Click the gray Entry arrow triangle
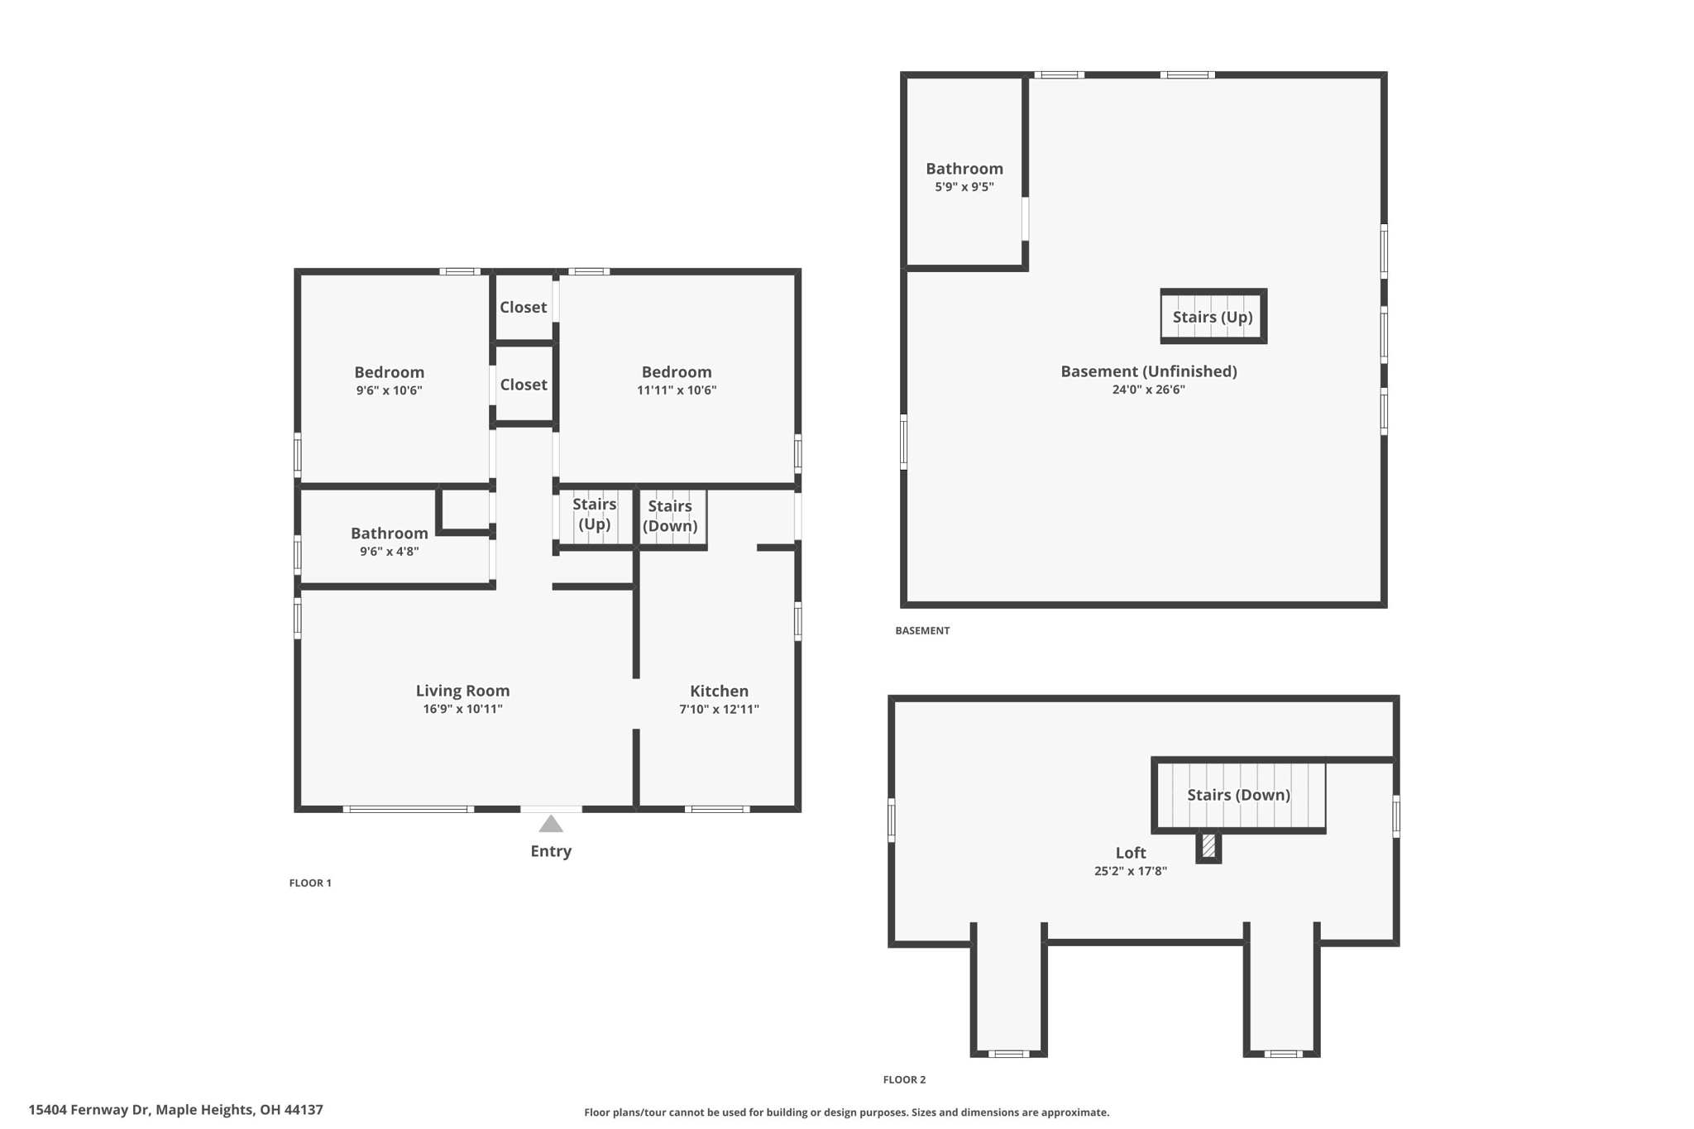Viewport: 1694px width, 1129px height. point(551,825)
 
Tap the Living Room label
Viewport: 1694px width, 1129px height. point(462,691)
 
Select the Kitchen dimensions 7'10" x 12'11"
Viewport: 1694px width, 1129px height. point(719,709)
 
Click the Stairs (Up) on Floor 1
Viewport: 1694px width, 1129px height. point(594,514)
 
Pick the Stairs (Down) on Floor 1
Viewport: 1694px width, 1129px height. point(670,515)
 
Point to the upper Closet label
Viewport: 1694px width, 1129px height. point(523,307)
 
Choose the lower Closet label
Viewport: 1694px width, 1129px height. point(524,385)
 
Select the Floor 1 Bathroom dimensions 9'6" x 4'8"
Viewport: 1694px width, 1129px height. point(389,552)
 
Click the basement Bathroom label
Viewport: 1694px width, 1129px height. point(964,169)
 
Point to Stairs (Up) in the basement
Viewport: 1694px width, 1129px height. point(1213,317)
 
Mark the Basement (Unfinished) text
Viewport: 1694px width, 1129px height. point(1149,371)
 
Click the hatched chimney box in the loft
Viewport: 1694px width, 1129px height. point(1208,845)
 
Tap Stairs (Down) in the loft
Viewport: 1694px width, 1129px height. point(1238,795)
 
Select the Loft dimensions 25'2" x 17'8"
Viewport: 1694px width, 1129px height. point(1130,871)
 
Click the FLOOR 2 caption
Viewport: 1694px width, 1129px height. point(904,1079)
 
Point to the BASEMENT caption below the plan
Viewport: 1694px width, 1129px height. point(922,630)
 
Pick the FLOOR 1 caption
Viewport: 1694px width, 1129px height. point(310,883)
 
